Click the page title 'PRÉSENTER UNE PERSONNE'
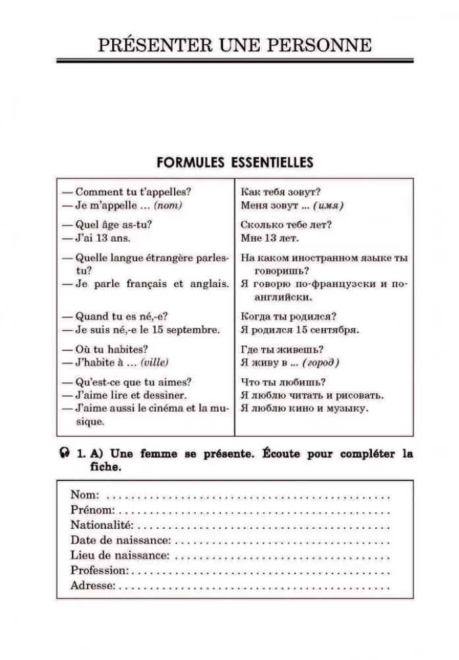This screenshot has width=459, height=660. [x=234, y=45]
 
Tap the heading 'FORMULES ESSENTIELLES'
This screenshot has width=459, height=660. [x=234, y=162]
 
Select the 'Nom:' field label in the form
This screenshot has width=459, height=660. [x=85, y=495]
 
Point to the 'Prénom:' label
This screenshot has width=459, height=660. [x=92, y=510]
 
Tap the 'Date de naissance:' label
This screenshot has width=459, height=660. [x=121, y=540]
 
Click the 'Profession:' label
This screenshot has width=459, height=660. [x=100, y=570]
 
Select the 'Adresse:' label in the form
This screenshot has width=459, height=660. [x=93, y=585]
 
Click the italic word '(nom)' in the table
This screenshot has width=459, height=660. [x=168, y=205]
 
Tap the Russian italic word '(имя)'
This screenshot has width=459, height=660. [x=328, y=205]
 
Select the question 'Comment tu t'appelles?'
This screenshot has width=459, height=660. [x=133, y=192]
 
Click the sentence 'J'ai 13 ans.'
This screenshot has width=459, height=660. [x=104, y=237]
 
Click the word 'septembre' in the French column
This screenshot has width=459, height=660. [x=196, y=328]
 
